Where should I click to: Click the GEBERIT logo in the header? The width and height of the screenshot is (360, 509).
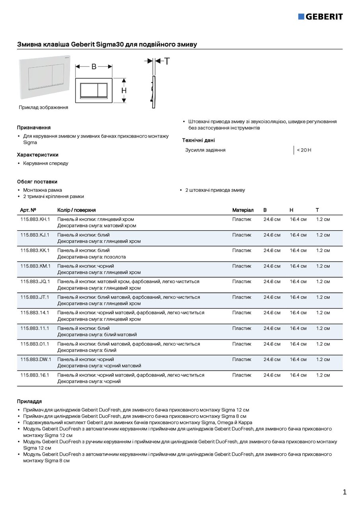point(320,16)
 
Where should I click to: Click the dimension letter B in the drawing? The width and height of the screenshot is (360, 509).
point(94,67)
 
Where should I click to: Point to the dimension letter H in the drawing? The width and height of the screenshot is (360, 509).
point(124,91)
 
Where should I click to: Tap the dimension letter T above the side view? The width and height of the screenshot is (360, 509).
point(167,61)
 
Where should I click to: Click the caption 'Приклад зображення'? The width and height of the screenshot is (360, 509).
point(43,107)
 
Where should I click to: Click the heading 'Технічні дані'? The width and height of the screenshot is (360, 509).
point(198,140)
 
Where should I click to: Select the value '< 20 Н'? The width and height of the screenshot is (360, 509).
point(304,150)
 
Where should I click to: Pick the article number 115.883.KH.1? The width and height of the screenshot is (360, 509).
point(35,219)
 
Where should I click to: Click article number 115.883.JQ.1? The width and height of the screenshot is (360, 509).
point(35,282)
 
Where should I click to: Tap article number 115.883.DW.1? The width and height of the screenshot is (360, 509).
point(35,359)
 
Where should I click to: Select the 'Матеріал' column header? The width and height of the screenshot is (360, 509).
point(243,210)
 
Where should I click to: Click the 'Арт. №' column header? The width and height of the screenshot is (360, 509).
point(28,210)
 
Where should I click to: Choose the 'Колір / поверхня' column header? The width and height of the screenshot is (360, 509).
point(76,210)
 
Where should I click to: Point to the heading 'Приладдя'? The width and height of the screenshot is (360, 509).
point(29,402)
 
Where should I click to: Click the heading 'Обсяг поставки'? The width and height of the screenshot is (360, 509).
point(37,182)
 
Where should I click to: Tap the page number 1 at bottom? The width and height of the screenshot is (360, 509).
point(344,492)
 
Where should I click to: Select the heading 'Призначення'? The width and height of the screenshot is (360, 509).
point(33,128)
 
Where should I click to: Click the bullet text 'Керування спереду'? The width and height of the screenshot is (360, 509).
point(45,163)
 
